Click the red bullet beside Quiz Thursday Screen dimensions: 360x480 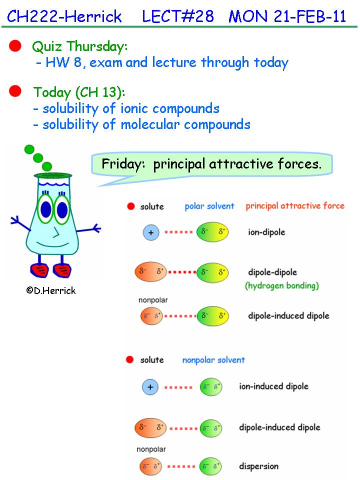[x=15, y=45]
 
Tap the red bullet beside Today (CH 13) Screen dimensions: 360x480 [x=15, y=91]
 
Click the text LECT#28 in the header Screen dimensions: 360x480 [x=178, y=16]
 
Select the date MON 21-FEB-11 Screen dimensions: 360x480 [x=287, y=16]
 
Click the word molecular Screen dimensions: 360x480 [x=150, y=124]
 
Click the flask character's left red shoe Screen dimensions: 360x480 [x=40, y=269]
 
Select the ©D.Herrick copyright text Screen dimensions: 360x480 [x=51, y=290]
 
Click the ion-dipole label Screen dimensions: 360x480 [x=266, y=232]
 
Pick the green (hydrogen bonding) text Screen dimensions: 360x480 [x=282, y=285]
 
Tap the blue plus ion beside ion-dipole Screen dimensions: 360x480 [x=151, y=232]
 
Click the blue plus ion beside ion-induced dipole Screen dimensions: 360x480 [x=150, y=387]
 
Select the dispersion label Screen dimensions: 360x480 [x=258, y=466]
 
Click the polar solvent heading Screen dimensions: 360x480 [x=209, y=206]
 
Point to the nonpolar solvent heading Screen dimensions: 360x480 [x=213, y=360]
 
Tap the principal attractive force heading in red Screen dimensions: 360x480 [x=295, y=205]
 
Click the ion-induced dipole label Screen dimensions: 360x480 [x=273, y=386]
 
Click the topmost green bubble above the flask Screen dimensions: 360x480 [x=29, y=149]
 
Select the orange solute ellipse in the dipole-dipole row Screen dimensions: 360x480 [x=151, y=272]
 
